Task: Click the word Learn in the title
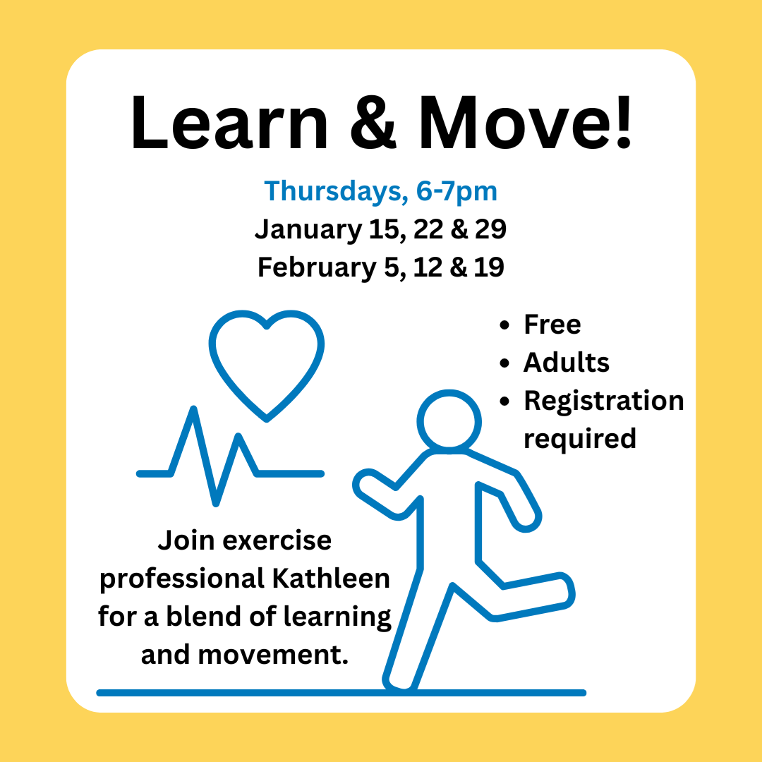(x=229, y=123)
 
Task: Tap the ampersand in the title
(x=373, y=123)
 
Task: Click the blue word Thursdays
(x=333, y=191)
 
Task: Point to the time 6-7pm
(x=456, y=191)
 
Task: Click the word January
(x=308, y=229)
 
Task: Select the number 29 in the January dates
(x=490, y=229)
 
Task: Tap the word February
(x=317, y=267)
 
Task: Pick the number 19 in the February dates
(x=489, y=267)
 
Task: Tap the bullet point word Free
(x=552, y=324)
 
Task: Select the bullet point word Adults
(x=566, y=362)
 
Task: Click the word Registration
(x=603, y=401)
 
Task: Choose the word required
(x=580, y=439)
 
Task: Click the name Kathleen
(x=331, y=579)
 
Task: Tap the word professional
(x=182, y=579)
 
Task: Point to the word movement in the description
(x=273, y=655)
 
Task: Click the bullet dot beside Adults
(x=504, y=363)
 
